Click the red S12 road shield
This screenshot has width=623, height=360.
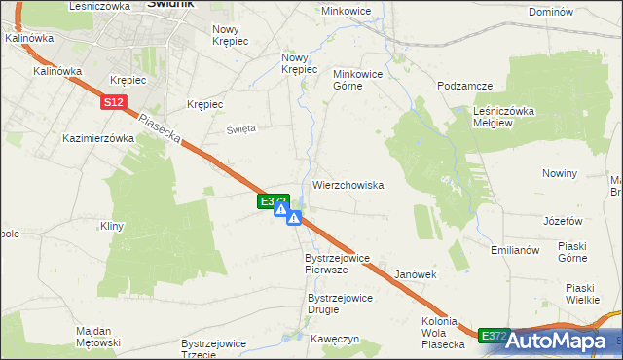[x=114, y=102]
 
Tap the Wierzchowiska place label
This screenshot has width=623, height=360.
[x=348, y=185]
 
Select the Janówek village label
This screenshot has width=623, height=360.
[x=416, y=275]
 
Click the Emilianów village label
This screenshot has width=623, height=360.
[x=516, y=250]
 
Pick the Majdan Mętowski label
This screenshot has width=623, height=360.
[x=97, y=337]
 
